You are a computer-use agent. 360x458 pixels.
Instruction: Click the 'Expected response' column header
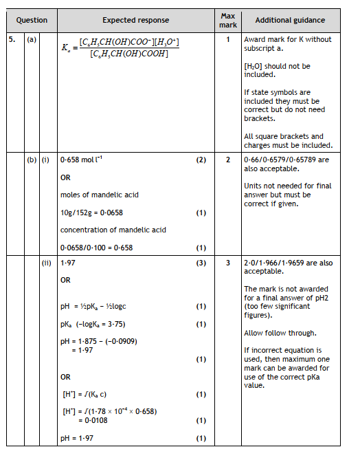[136, 21]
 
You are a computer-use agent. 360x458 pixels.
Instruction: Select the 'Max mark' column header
[229, 20]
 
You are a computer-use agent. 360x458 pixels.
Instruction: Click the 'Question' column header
[32, 21]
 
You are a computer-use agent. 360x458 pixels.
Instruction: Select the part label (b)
[32, 160]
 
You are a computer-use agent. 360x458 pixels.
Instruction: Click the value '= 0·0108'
[95, 419]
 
